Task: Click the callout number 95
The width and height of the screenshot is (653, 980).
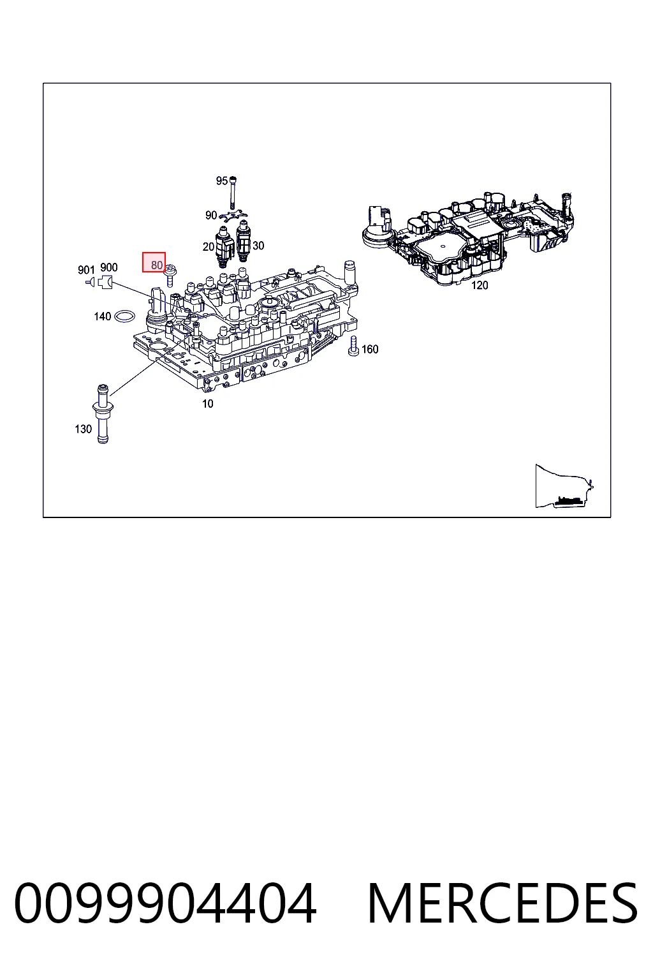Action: point(222,181)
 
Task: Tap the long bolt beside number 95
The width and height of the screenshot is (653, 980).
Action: point(232,193)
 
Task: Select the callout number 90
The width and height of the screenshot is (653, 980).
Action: point(211,215)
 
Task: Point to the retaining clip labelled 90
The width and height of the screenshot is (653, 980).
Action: point(233,216)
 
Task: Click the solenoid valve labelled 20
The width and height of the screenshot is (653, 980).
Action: point(224,246)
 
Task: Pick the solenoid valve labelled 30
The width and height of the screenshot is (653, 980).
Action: point(243,242)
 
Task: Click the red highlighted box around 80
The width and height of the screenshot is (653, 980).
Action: point(154,262)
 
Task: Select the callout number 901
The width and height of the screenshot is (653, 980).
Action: point(86,270)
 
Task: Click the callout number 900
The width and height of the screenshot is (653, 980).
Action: point(109,267)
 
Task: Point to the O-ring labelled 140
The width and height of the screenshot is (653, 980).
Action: point(124,316)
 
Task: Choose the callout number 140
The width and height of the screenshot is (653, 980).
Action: point(103,316)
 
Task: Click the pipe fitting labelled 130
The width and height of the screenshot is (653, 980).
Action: point(103,413)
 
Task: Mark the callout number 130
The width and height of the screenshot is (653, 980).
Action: point(83,429)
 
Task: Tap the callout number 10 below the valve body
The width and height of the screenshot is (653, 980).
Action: point(208,404)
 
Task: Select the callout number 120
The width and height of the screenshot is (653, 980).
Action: point(480,285)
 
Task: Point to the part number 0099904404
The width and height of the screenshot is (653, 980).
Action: point(165,904)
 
